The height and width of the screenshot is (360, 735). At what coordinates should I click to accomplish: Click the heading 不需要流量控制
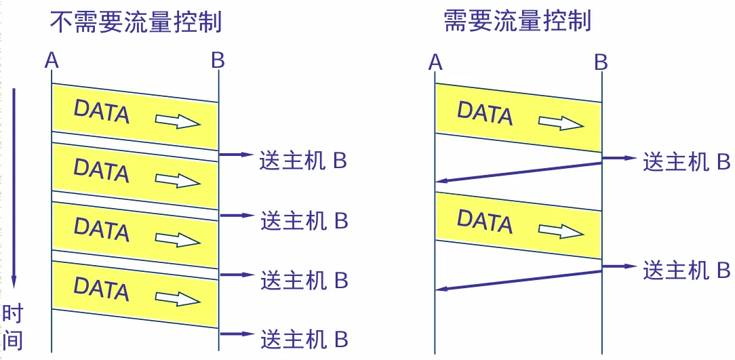[136, 22]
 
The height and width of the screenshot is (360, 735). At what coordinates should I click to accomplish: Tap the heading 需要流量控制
[517, 22]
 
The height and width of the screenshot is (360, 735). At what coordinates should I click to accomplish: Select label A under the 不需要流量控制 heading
[52, 61]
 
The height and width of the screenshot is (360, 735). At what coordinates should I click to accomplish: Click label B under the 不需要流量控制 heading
[218, 61]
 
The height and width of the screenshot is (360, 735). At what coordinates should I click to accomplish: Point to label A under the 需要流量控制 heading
[435, 63]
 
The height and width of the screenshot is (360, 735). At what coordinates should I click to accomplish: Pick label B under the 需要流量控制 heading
[601, 63]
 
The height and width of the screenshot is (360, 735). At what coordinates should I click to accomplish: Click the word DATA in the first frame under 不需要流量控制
[101, 111]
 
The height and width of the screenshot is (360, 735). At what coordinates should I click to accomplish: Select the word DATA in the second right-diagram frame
[485, 221]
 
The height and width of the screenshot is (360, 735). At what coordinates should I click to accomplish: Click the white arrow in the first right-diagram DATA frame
[561, 123]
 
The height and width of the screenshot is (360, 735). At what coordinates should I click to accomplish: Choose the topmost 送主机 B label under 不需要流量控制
[304, 161]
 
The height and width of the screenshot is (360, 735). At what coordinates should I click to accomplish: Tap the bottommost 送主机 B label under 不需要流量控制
[304, 337]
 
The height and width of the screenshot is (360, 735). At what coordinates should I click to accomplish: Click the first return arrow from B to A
[519, 172]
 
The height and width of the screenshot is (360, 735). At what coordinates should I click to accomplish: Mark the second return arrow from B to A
[519, 280]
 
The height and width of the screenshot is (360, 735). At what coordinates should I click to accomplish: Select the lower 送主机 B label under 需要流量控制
[686, 270]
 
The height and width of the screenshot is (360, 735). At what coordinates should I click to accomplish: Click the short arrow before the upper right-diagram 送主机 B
[619, 158]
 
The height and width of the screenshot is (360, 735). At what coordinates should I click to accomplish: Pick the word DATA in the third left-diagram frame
[101, 228]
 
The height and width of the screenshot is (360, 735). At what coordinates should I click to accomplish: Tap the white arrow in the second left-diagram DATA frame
[178, 180]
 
